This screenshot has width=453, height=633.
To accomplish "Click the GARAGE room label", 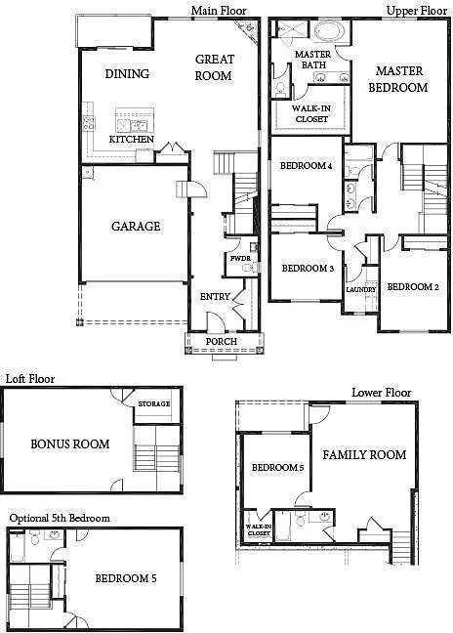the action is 136,226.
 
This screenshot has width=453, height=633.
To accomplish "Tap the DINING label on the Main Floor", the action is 127,74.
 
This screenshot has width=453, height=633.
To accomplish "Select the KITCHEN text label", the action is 132,140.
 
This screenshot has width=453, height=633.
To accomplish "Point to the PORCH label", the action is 221,342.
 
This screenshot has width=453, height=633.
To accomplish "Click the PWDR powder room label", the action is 240,258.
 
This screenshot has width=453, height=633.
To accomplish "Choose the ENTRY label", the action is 215,297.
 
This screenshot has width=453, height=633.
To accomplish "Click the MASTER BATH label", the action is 313,60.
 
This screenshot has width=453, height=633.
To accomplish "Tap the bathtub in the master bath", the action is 329,31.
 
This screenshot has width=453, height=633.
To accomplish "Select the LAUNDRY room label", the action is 361,289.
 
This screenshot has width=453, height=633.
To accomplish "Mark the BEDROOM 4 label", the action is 307,165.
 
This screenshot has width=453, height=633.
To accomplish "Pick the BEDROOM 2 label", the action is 413,287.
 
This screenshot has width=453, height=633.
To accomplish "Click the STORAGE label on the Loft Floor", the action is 154,403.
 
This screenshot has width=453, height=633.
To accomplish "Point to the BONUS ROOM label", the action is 70,444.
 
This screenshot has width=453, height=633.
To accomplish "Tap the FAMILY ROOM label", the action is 364,455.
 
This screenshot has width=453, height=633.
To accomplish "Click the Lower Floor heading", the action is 381,393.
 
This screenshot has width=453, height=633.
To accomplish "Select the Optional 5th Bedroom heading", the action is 60,519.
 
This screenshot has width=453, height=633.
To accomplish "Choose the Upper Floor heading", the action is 417,11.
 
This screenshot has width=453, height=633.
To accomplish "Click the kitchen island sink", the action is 135,126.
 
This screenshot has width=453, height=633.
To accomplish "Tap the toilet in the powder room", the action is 253,267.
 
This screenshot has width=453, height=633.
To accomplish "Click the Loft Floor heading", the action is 30,379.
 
